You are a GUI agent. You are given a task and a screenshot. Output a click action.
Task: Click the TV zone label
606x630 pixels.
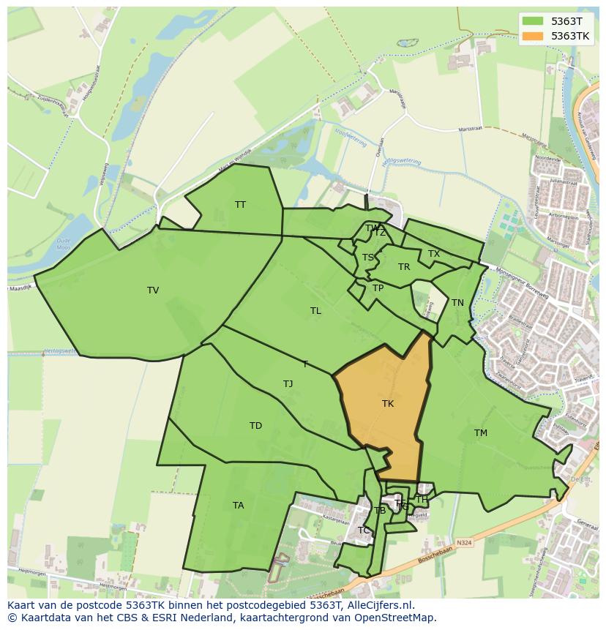[153, 290]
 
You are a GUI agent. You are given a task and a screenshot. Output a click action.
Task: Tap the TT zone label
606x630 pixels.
[240, 205]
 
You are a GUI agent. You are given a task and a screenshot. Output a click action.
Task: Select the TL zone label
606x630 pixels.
[315, 311]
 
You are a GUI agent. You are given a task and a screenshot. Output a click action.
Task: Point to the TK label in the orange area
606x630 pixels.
[388, 404]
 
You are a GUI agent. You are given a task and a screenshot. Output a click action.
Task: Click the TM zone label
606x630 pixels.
[480, 433]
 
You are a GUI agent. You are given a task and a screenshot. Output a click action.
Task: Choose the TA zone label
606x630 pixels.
[238, 506]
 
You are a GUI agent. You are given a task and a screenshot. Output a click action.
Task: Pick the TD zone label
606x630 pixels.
[255, 426]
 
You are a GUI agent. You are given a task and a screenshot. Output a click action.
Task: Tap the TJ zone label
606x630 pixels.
[288, 384]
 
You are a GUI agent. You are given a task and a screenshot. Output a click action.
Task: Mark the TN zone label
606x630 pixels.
[457, 303]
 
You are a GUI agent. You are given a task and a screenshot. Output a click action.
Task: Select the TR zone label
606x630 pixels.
[404, 267]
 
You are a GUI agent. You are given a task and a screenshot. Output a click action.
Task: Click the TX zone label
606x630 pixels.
[434, 254]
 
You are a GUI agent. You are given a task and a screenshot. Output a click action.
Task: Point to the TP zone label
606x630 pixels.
[378, 288]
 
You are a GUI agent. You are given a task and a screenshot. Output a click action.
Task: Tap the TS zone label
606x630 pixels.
[368, 258]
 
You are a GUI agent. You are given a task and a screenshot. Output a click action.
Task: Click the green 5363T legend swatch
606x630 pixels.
[533, 21]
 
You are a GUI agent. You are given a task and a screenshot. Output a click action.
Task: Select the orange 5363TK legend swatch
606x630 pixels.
[533, 36]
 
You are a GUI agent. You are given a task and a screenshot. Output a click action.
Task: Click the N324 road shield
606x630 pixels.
[463, 542]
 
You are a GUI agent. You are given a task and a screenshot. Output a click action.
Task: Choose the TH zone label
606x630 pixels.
[422, 500]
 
